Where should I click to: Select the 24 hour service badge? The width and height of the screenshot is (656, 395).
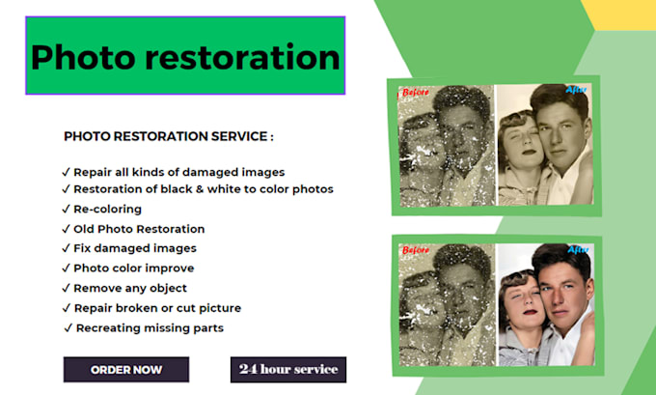pyautogui.click(x=288, y=369)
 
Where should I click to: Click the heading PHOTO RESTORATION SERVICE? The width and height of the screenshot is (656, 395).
pyautogui.click(x=169, y=137)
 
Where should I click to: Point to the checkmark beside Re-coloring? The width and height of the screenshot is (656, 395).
pyautogui.click(x=66, y=210)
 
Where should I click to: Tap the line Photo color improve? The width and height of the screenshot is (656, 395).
pyautogui.click(x=134, y=268)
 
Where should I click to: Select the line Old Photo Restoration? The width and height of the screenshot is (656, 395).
pyautogui.click(x=139, y=229)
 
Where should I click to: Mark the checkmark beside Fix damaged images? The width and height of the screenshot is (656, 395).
pyautogui.click(x=66, y=249)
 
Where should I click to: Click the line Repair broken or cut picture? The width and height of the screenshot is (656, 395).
pyautogui.click(x=157, y=308)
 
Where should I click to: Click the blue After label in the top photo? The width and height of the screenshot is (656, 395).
pyautogui.click(x=576, y=91)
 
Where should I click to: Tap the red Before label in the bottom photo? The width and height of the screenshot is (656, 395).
pyautogui.click(x=416, y=251)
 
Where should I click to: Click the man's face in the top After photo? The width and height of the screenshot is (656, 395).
pyautogui.click(x=560, y=135)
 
